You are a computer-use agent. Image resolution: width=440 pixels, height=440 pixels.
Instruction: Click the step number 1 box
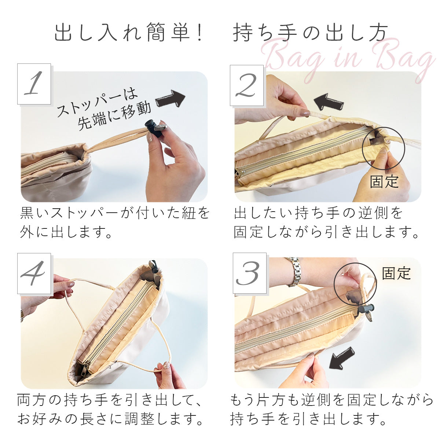pos(34,84)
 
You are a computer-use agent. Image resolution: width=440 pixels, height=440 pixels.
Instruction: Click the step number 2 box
pos(247,85)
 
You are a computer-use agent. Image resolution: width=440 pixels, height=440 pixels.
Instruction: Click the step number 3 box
pos(249,273)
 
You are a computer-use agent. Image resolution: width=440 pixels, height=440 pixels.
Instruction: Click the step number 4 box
pos(34,273)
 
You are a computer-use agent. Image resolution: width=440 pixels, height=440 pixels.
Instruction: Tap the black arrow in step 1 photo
pos(170,99)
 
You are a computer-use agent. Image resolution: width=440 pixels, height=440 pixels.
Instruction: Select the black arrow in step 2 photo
pos(329,102)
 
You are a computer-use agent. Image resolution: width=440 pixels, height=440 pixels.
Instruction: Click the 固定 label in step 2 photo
pos(384,181)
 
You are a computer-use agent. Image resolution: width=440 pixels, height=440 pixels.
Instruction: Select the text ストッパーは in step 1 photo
pos(97,101)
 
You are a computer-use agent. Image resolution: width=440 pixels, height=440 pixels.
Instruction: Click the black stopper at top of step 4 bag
pos(153,265)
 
